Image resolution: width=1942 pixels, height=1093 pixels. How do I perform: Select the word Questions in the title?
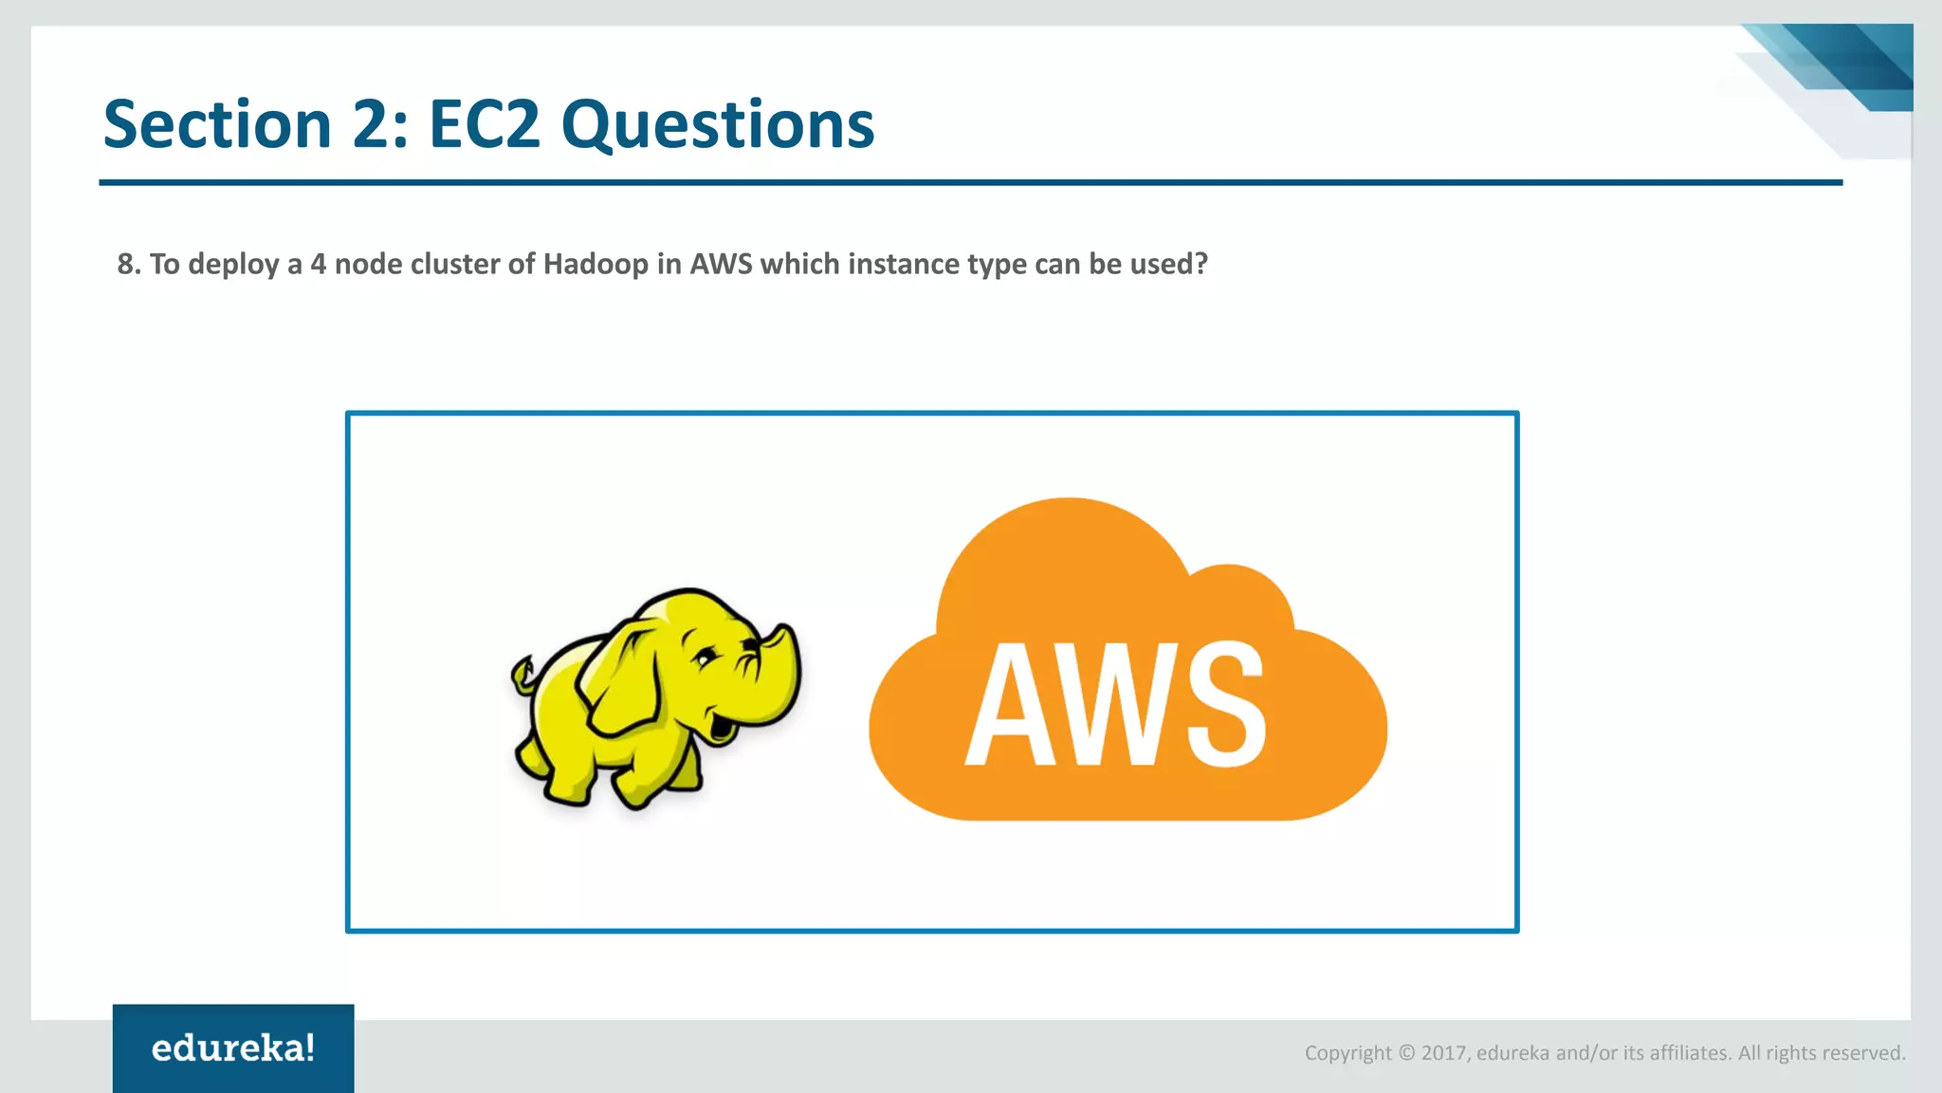click(x=717, y=126)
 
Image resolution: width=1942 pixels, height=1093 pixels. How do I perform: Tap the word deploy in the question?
click(x=233, y=265)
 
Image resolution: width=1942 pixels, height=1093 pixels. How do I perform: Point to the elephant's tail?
click(x=522, y=675)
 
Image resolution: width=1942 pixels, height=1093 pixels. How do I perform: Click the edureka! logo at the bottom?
click(x=233, y=1048)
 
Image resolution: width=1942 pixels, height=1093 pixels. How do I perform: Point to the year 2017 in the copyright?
click(x=1444, y=1053)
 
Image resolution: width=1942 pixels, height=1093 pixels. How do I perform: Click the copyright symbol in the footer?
click(x=1406, y=1053)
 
